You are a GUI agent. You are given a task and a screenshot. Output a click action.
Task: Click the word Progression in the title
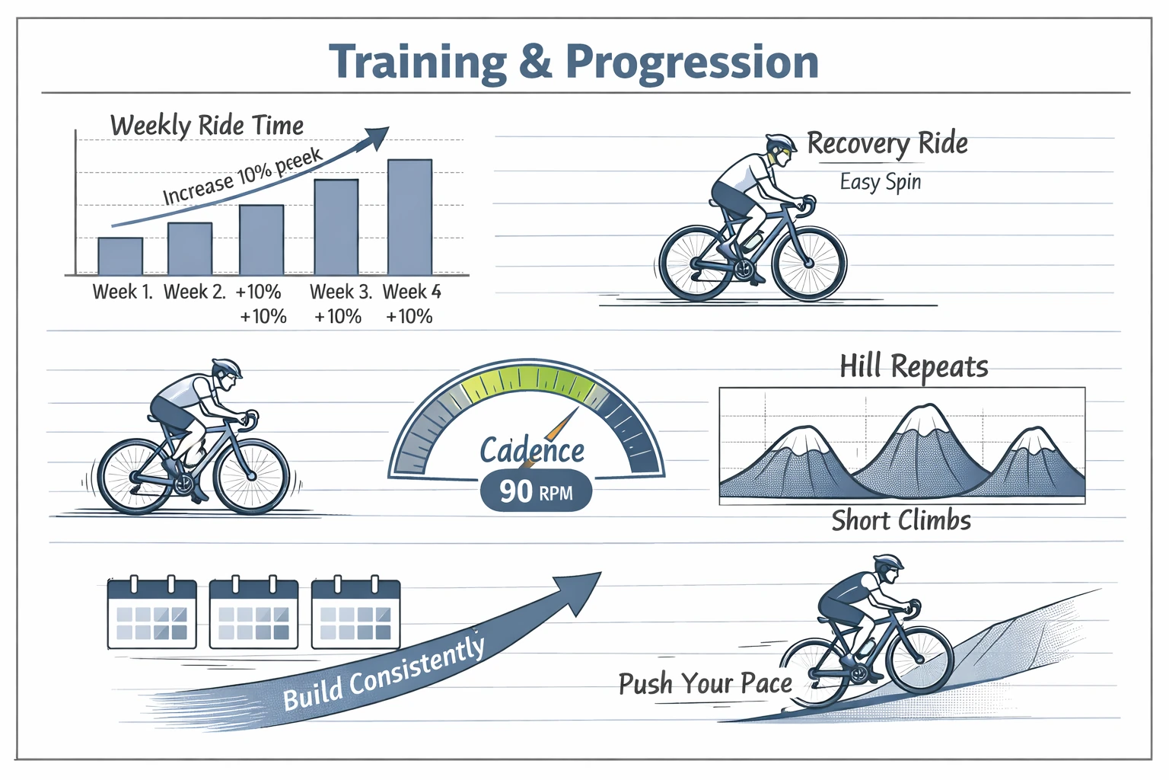click(692, 62)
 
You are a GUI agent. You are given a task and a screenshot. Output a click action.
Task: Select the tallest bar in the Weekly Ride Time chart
click(410, 217)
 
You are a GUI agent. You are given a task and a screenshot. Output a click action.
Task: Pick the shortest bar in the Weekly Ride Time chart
click(120, 256)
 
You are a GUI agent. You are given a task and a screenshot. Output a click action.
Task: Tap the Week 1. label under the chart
click(122, 292)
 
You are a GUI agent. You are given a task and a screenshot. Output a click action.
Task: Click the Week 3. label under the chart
click(340, 292)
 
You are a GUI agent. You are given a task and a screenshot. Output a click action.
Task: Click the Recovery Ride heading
click(887, 143)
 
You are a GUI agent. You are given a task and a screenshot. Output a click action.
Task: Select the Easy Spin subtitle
click(881, 182)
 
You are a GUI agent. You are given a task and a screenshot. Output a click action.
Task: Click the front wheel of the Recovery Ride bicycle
click(809, 263)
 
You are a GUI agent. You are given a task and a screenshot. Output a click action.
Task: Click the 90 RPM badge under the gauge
click(536, 491)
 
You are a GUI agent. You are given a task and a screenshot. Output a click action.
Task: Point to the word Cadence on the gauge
click(531, 450)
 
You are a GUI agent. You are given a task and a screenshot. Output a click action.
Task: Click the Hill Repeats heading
click(913, 366)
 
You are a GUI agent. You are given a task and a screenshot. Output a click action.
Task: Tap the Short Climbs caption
click(901, 521)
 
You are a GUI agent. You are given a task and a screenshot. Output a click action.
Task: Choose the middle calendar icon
click(253, 614)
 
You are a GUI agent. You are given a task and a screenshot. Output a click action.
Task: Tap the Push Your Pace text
click(705, 683)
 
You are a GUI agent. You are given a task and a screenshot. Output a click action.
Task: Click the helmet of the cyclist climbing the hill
click(888, 562)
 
